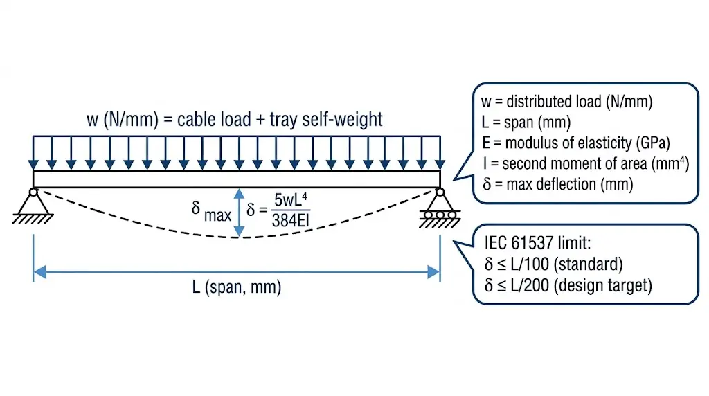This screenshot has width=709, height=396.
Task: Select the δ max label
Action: pos(212,211)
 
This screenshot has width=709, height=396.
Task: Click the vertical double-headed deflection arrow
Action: pos(240,213)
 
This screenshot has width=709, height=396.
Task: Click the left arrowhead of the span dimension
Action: pos(39,271)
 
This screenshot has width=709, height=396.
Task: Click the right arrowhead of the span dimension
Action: pos(434,271)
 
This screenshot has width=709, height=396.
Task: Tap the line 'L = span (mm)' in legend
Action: pos(526,123)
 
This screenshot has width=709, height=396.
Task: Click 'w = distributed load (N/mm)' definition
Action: pos(567,102)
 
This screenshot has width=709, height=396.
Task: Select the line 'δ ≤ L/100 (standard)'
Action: pos(554,264)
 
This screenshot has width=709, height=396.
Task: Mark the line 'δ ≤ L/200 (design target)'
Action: pos(568,285)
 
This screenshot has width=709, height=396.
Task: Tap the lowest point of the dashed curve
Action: pos(240,237)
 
